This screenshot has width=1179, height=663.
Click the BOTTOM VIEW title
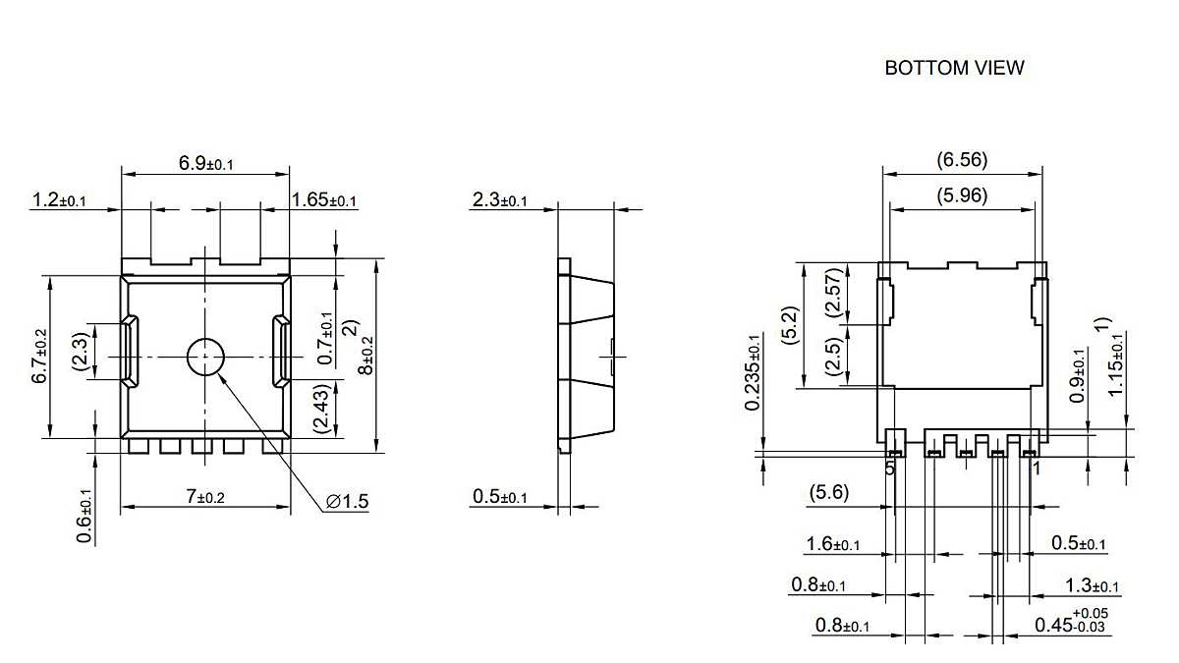point(954,68)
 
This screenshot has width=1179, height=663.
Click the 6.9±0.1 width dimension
point(205,163)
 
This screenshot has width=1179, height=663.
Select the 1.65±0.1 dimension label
point(324,200)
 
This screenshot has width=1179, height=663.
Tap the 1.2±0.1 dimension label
point(59,200)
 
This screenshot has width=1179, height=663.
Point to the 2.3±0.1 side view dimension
point(500,200)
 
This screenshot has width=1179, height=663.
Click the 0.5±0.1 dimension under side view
point(500,497)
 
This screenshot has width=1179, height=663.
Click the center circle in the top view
point(205,356)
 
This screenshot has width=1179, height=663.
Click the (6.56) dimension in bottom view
point(962,160)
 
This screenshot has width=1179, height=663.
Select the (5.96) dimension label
point(962,195)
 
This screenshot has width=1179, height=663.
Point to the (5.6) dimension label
point(828,493)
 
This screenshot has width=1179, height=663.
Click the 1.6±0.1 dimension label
point(833,544)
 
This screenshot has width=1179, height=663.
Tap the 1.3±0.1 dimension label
point(1092,586)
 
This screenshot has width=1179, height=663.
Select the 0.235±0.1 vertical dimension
point(753,371)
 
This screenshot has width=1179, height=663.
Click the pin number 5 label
point(890,469)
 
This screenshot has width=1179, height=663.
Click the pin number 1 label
point(1036,469)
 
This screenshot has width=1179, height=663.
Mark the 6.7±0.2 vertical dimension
point(39,357)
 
